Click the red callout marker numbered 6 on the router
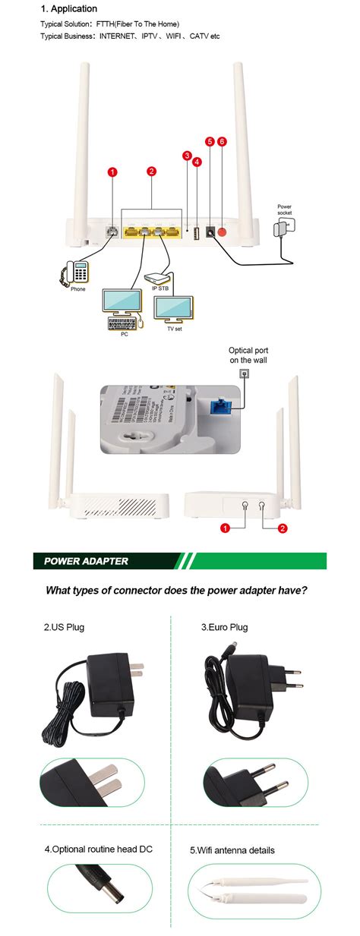pyautogui.click(x=222, y=141)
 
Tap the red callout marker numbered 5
pyautogui.click(x=210, y=141)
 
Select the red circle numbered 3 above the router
pyautogui.click(x=187, y=156)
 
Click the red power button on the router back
pyautogui.click(x=223, y=232)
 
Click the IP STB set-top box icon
pyautogui.click(x=158, y=278)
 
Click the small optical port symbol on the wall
pyautogui.click(x=245, y=373)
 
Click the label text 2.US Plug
pyautogui.click(x=64, y=627)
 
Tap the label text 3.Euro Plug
pyautogui.click(x=224, y=627)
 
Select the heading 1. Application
pyautogui.click(x=69, y=9)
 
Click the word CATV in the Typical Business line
pyautogui.click(x=199, y=36)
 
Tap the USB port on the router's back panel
pyautogui.click(x=197, y=233)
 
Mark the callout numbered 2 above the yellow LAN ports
pyautogui.click(x=151, y=172)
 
